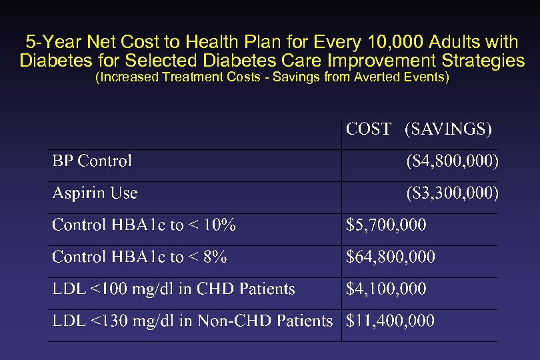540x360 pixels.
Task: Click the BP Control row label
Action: [92, 161]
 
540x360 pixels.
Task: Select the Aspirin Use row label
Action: [95, 193]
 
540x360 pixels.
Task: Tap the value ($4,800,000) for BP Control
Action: [452, 161]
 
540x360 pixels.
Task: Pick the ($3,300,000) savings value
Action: [452, 193]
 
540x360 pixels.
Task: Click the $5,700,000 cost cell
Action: [386, 225]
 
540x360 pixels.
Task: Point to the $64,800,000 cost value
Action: [390, 257]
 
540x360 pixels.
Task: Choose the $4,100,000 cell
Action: [386, 289]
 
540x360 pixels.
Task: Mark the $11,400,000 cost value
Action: [390, 321]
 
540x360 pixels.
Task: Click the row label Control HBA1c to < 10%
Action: [143, 225]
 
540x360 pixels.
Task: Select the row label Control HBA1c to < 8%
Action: [139, 257]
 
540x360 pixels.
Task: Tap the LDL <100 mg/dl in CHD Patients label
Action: [173, 289]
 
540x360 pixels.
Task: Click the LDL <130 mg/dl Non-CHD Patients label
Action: [192, 321]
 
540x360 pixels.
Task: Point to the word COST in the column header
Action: [368, 129]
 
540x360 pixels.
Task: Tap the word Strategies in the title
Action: [485, 61]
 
